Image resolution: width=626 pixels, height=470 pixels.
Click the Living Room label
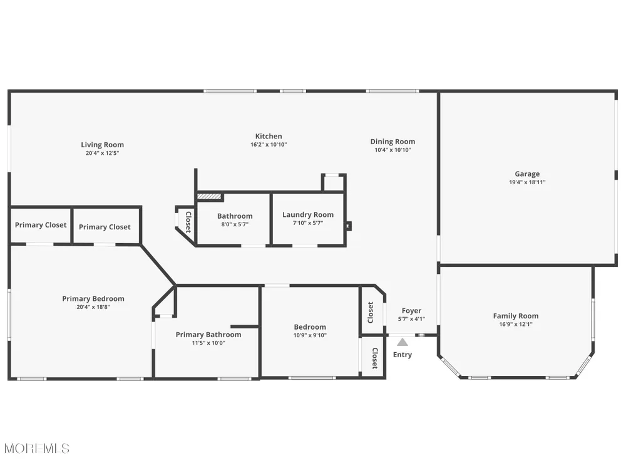pos(102,145)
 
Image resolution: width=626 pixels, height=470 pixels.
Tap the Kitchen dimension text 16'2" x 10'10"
pos(269,145)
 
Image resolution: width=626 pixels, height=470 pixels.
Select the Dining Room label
pos(393,142)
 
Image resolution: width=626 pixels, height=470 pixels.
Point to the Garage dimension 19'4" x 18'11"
pos(527,182)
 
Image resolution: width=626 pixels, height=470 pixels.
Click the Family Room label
pos(515,316)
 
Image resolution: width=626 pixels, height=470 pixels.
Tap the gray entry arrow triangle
pos(403,342)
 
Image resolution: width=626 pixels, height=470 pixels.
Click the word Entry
pos(402,355)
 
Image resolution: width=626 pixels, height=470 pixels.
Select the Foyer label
pos(411,311)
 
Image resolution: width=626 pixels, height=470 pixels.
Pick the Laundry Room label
pos(308,214)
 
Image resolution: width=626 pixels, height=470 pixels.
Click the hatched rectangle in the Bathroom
pos(209,197)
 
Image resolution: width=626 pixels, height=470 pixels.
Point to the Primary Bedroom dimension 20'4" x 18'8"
pos(93,307)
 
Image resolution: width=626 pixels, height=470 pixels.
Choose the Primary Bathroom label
pos(208,335)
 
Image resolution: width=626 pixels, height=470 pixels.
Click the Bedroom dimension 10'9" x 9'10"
pos(310,335)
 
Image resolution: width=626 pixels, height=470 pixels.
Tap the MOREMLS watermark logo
pos(37,449)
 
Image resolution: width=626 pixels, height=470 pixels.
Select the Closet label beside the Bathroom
pos(188,222)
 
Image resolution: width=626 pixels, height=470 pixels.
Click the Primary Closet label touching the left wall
pos(41,225)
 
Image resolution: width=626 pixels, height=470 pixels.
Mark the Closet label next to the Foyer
pos(371,313)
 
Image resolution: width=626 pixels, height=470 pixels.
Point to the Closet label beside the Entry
pos(375,358)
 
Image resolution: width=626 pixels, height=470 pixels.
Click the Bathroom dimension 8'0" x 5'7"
pos(235,224)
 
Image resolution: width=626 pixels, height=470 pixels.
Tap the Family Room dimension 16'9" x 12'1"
pos(515,324)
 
